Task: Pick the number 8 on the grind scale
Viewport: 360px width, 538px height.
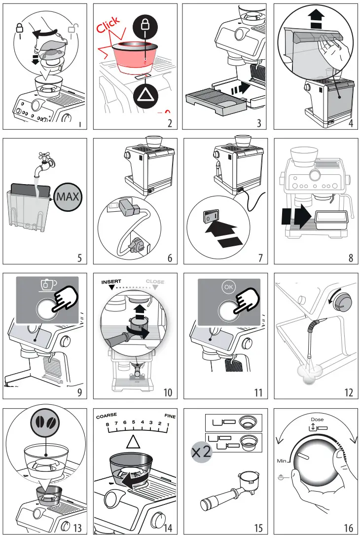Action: point(108,423)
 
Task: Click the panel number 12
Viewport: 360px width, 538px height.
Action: point(348,393)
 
